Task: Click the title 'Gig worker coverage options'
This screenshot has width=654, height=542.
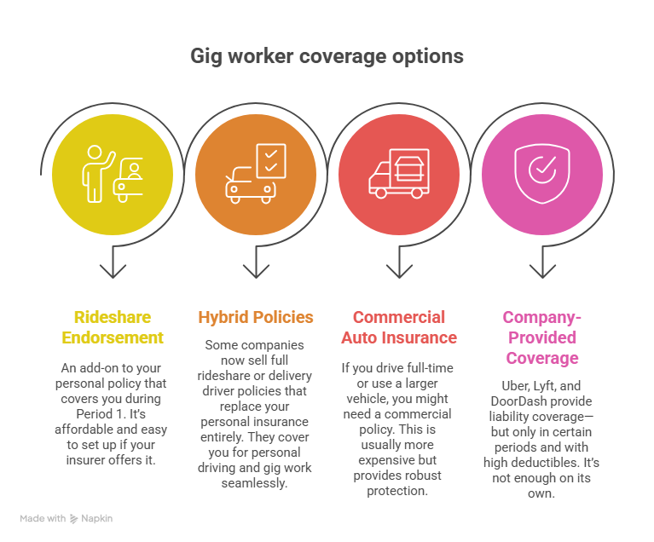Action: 327,56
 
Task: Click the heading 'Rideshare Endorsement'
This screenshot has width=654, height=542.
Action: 113,327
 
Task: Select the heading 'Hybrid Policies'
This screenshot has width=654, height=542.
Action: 256,317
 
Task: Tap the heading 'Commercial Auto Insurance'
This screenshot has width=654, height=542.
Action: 398,327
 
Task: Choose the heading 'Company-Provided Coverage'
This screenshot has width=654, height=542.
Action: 541,337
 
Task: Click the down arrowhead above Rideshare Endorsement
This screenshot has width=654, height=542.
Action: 113,272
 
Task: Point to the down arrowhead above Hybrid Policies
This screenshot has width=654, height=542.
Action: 256,272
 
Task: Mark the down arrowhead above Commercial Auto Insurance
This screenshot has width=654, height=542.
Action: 398,272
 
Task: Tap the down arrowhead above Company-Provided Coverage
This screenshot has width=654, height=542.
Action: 541,272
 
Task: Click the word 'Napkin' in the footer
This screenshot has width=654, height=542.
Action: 98,518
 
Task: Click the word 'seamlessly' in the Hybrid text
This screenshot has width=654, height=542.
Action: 256,482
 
